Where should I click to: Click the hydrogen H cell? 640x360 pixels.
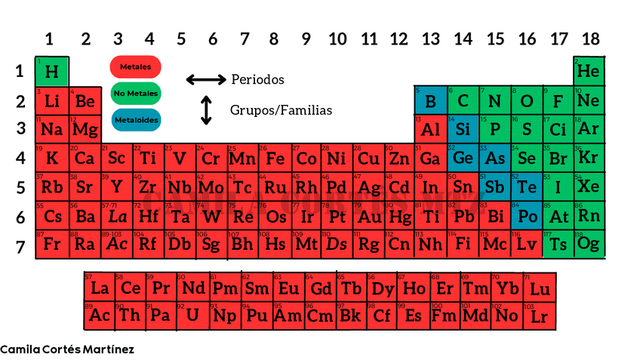point(52,72)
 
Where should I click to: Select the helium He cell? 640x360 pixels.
point(589,72)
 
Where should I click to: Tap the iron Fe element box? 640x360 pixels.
point(275,158)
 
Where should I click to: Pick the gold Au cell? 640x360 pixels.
point(369,217)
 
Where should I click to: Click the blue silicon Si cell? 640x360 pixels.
point(463,129)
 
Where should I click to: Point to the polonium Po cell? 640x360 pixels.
point(526,217)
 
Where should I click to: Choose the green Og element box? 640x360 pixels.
point(589,245)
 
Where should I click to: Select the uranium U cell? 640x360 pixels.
point(193,315)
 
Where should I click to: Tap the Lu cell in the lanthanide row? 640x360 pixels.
point(540,288)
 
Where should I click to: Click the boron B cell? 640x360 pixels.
point(430,101)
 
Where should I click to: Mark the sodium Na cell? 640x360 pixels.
point(52,129)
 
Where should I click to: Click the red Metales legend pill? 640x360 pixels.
point(135,67)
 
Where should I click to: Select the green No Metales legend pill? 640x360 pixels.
point(135,93)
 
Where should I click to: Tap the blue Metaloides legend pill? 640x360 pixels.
point(135,118)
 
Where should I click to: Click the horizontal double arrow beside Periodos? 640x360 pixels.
point(206,79)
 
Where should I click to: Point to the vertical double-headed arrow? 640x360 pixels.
point(206,110)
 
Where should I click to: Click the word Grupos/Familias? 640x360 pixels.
point(281,110)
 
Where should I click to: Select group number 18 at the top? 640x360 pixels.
point(590,39)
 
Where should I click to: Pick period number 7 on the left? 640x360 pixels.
point(20,246)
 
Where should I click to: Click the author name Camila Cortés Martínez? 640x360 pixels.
point(67,349)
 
